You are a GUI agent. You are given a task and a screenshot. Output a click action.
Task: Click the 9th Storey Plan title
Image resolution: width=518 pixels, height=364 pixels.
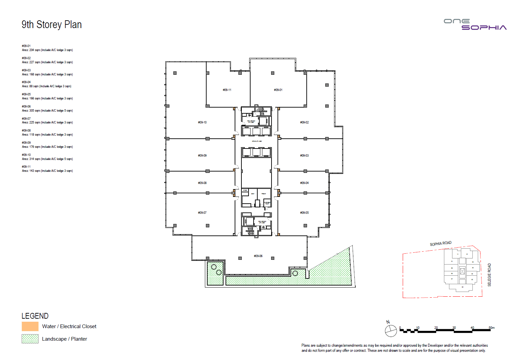tap(52, 25)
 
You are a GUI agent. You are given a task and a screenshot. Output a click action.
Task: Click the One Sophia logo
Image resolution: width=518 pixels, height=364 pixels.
tap(475, 25)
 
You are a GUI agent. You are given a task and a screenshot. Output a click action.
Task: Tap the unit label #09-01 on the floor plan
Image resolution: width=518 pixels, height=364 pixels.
tap(278, 90)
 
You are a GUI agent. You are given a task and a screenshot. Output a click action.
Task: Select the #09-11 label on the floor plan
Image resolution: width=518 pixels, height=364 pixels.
tap(227, 90)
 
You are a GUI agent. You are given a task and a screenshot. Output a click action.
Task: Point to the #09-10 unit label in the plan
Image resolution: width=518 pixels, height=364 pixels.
tap(202, 122)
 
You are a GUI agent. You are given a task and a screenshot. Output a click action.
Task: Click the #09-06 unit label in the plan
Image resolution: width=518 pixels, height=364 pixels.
tap(258, 256)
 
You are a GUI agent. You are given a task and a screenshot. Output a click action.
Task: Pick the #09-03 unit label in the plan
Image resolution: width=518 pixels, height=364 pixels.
tap(304, 156)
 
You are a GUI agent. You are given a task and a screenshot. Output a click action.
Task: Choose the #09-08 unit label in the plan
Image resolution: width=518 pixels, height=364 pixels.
tap(202, 183)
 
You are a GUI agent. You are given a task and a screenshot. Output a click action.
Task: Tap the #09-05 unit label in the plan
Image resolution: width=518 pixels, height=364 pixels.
tap(304, 213)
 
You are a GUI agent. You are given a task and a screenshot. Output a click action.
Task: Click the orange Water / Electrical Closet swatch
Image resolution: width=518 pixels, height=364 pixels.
tap(30, 326)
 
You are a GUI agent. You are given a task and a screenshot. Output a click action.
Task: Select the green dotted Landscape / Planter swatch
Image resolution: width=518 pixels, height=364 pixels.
tap(30, 339)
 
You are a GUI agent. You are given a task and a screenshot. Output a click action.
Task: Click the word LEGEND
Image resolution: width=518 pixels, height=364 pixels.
tap(35, 316)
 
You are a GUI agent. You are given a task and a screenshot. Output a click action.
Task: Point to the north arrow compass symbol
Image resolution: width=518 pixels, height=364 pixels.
tap(391, 330)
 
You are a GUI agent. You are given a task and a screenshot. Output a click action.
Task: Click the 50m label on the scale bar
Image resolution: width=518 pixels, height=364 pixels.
tap(491, 328)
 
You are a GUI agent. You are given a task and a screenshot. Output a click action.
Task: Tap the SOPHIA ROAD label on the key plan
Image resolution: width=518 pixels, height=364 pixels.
tap(441, 244)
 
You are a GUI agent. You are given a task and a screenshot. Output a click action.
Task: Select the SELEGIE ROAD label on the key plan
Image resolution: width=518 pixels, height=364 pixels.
tap(489, 275)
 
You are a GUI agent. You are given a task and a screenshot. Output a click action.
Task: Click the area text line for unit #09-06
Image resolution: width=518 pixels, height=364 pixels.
tap(47, 111)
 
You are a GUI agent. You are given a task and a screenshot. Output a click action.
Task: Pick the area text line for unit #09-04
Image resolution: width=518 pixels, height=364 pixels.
tap(47, 86)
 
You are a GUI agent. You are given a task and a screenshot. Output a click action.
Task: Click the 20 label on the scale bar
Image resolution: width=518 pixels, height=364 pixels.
tap(436, 328)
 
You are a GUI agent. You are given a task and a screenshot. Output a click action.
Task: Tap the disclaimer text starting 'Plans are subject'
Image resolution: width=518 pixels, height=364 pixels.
tap(394, 348)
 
